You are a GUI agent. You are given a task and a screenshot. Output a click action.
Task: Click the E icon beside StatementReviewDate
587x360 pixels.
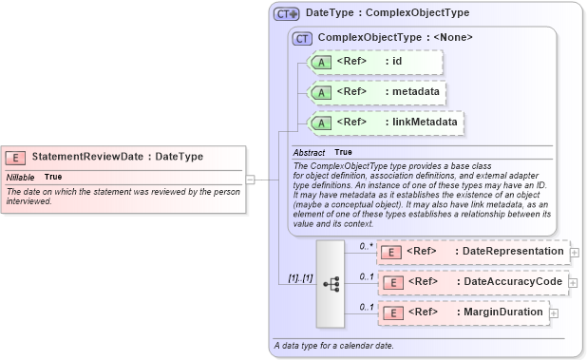[16, 157]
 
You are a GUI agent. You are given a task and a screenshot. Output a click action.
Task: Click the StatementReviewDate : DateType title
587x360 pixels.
[117, 157]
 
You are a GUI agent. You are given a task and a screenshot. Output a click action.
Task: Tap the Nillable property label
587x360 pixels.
[21, 177]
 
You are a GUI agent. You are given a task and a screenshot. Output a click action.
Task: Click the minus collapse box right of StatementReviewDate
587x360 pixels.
[250, 177]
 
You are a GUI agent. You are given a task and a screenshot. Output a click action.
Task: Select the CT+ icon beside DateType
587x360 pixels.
[286, 14]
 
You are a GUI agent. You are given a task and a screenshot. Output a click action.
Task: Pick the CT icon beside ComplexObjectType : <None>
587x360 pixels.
[303, 38]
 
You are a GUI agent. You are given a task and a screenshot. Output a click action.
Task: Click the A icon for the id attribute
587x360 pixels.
[321, 62]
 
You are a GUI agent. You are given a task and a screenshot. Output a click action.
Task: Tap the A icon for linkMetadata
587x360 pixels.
[321, 123]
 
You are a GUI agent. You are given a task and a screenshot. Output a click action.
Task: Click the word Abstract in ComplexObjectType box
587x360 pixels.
[309, 152]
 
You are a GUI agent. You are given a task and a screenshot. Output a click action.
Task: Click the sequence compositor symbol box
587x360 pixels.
[331, 283]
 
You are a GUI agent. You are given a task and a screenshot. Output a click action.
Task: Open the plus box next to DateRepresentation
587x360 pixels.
[575, 252]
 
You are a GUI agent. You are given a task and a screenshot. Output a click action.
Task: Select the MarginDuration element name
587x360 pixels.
[503, 313]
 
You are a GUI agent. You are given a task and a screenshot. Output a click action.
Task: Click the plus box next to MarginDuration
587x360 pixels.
[554, 313]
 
